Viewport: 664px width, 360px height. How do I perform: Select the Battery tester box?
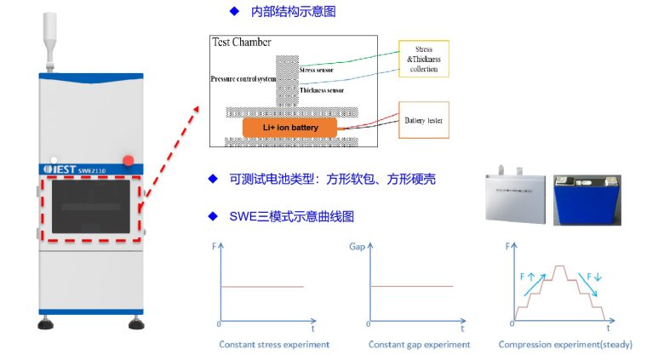425,121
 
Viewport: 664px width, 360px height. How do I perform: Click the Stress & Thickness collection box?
423,60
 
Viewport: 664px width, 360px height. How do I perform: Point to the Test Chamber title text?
241,41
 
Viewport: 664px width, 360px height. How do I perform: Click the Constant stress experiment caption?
274,345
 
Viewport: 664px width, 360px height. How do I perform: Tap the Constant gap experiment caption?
419,345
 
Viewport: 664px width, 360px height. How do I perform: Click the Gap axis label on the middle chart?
358,247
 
